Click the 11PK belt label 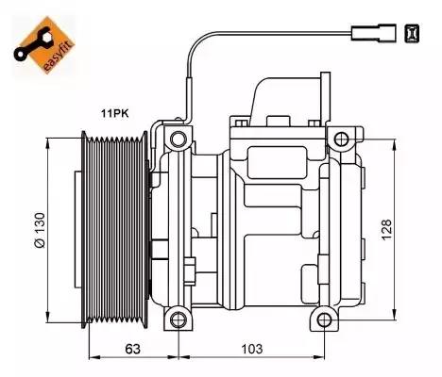coord(114,113)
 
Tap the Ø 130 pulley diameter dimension coord(40,230)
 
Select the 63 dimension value coord(132,349)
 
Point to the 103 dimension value coord(251,349)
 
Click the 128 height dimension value coord(387,230)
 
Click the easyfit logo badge coord(44,45)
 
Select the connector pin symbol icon coord(412,33)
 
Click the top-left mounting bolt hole coord(178,139)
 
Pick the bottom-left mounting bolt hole coord(178,320)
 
